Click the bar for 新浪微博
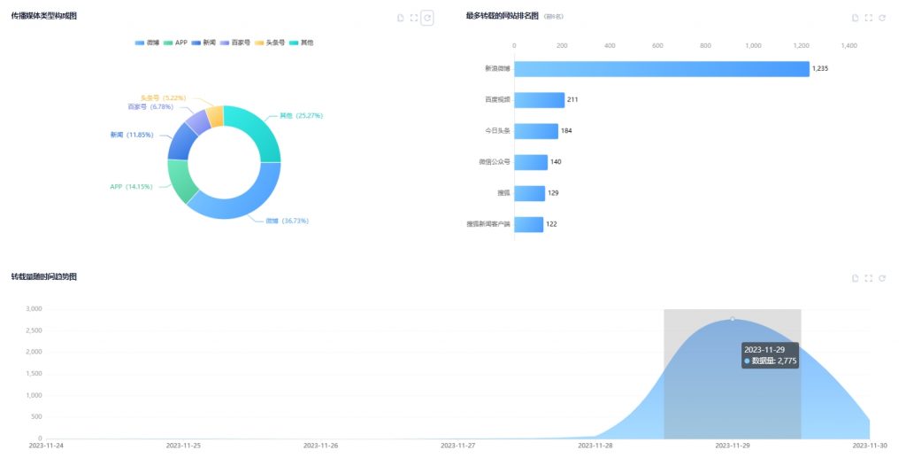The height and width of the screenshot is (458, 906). tap(661, 69)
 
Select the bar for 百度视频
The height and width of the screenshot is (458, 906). tap(539, 100)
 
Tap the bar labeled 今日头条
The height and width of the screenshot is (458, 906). tap(535, 131)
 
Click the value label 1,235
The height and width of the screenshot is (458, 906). tap(820, 69)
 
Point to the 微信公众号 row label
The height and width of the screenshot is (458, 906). tap(494, 162)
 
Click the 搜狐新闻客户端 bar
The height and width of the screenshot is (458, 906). tap(528, 224)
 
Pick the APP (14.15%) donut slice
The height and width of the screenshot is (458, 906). tap(180, 182)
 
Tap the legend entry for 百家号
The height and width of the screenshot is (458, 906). tap(235, 43)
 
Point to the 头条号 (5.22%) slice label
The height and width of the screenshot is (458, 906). tap(163, 97)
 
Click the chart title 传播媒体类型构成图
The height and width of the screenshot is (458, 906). tap(43, 16)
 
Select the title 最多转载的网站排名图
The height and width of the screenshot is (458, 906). tap(502, 16)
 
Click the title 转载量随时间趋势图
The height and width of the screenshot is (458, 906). tap(43, 277)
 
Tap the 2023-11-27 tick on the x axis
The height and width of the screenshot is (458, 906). tap(458, 446)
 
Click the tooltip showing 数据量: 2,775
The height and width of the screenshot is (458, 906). tap(771, 355)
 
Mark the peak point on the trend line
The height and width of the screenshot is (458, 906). tap(733, 319)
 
